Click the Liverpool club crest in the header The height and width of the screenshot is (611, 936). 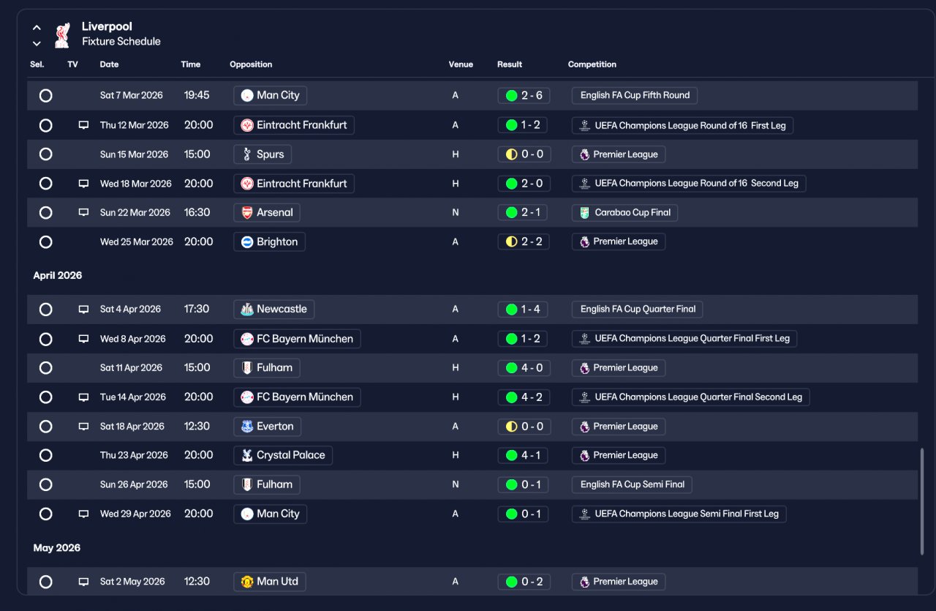pos(62,35)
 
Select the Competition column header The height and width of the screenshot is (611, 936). pos(592,64)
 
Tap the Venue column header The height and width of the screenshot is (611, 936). pos(461,64)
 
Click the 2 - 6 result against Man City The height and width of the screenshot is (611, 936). pos(524,95)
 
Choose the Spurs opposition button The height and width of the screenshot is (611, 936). pos(263,154)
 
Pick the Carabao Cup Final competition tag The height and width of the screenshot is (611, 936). pos(624,212)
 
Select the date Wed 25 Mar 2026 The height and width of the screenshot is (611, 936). pos(136,241)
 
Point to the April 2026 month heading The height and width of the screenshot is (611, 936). pos(58,275)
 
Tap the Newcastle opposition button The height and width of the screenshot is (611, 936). pos(273,309)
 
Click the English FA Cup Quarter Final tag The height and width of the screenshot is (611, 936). pos(637,309)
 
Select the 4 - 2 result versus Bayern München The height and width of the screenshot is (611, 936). pos(524,397)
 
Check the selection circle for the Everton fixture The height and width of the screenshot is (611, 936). pos(45,426)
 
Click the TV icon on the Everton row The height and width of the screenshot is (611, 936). pos(83,426)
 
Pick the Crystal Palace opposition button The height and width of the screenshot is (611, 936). pos(283,455)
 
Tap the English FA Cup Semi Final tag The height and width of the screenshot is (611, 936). pos(632,484)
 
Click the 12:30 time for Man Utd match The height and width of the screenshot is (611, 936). pos(197,581)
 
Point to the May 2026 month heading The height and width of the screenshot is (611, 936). pos(57,548)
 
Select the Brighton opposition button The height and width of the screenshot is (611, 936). pos(269,241)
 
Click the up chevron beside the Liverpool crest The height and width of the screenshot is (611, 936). pos(37,28)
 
